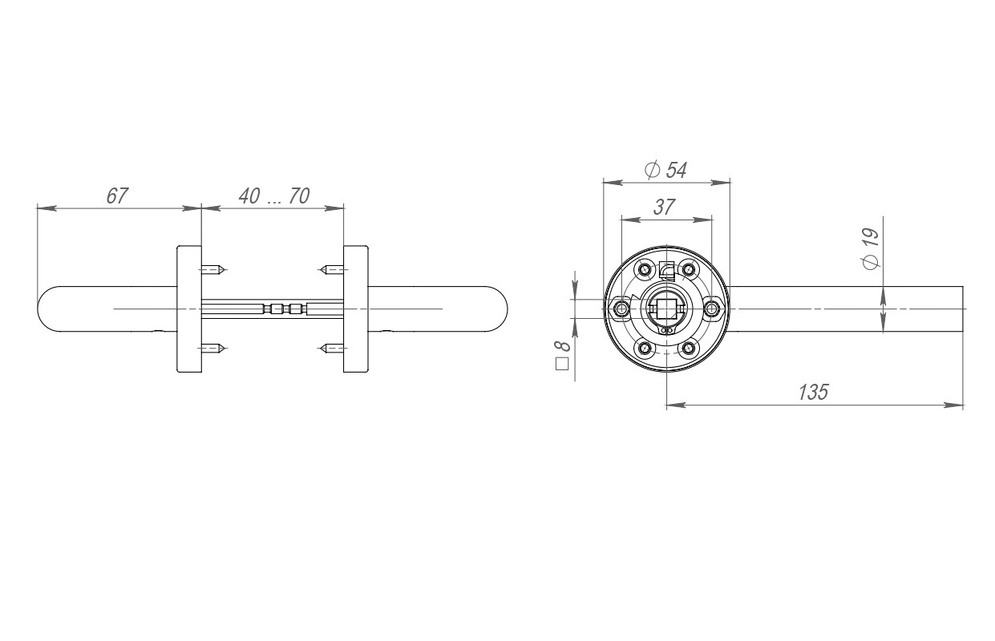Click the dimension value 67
tap(117, 196)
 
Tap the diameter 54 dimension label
tap(665, 170)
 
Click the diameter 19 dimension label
tap(870, 248)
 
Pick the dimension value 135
tap(813, 392)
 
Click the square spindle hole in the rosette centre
tap(666, 308)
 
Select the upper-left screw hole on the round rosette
tap(644, 268)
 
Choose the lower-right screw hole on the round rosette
tap(689, 348)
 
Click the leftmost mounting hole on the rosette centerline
tap(621, 308)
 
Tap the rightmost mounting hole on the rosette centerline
tap(712, 308)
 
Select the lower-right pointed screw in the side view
tap(330, 348)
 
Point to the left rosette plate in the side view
tap(188, 308)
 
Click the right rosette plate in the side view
tap(356, 308)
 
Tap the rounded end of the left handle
tap(43, 308)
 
